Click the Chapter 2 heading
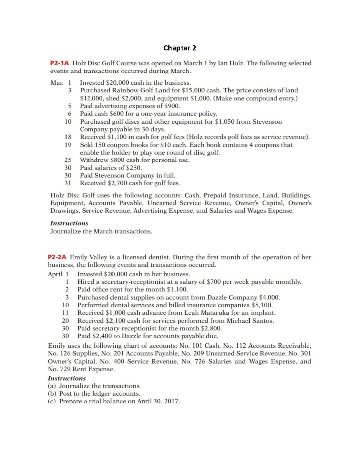(x=180, y=48)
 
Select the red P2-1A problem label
(x=59, y=63)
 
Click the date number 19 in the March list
(x=68, y=145)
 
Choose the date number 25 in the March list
(x=68, y=160)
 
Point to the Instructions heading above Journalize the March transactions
(x=69, y=223)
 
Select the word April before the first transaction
(x=55, y=274)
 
